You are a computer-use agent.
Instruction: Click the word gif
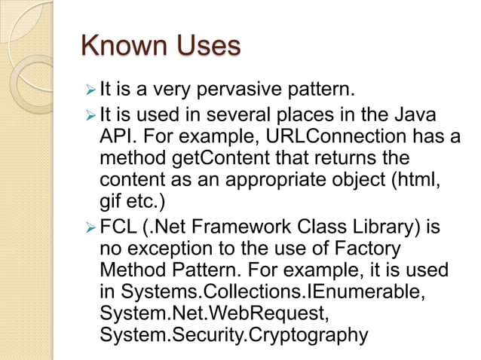111,205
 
